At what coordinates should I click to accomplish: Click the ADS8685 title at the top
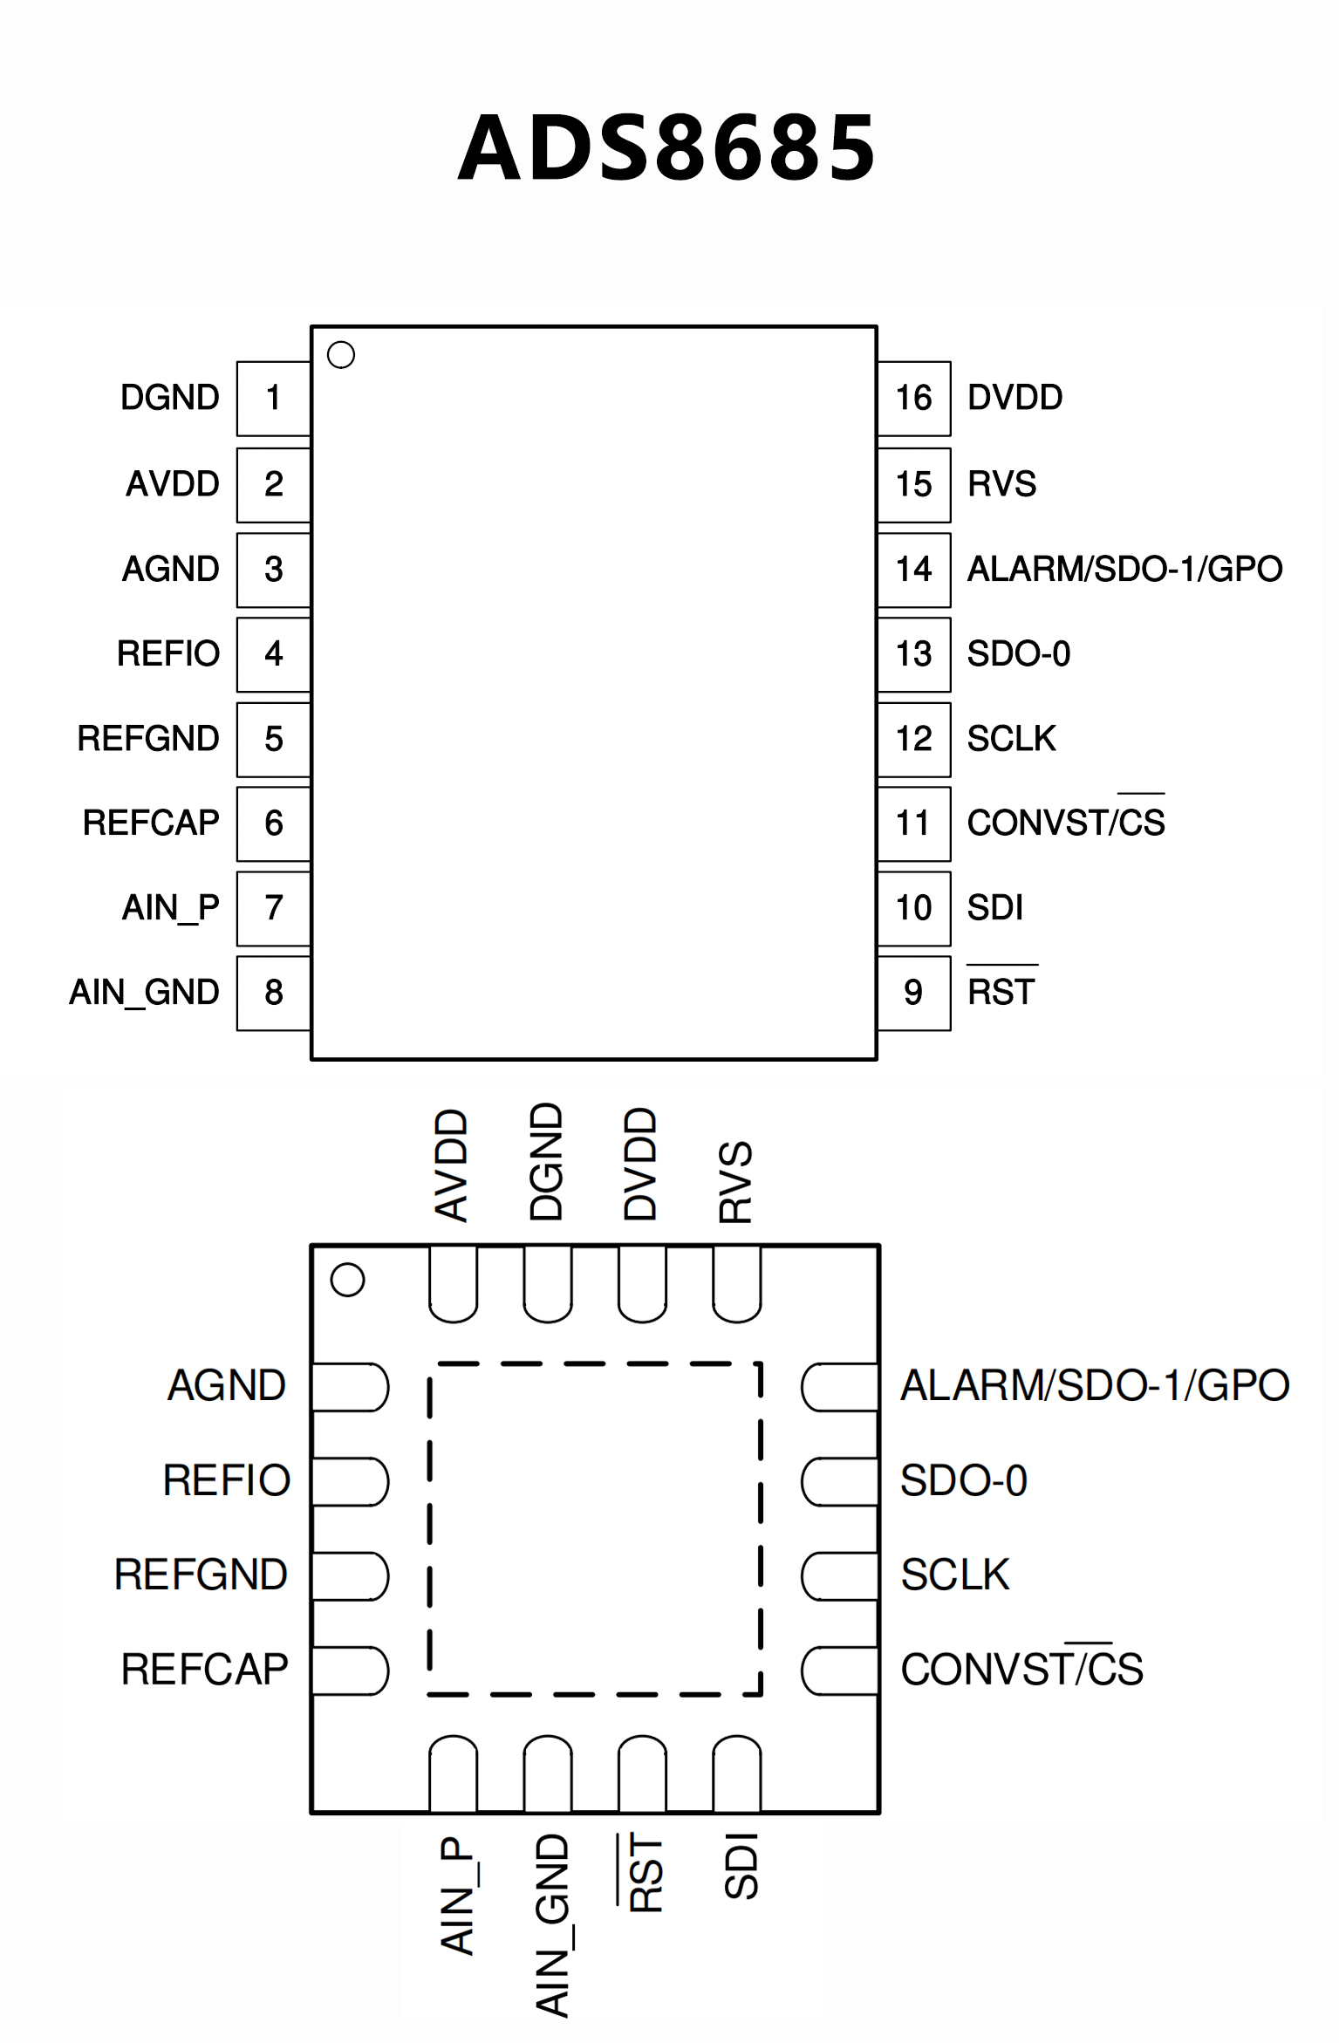tap(667, 148)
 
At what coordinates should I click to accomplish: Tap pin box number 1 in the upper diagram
tap(273, 398)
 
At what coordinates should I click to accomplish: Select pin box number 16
tap(913, 398)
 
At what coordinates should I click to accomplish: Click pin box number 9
tap(913, 993)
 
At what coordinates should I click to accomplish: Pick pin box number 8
tap(273, 993)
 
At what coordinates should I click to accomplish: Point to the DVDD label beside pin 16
tap(1014, 398)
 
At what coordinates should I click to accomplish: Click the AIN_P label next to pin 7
tap(171, 908)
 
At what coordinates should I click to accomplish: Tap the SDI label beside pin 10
tap(994, 908)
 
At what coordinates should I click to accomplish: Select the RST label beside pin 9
tap(1001, 992)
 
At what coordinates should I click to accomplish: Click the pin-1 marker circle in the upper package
tap(341, 355)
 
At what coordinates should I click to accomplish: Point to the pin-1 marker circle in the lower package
tap(347, 1280)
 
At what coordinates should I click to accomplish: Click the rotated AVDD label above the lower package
tap(452, 1165)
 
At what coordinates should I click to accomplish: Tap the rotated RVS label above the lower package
tap(735, 1181)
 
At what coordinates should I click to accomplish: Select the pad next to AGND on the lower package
tap(349, 1387)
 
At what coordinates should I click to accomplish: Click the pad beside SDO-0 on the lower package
tap(839, 1481)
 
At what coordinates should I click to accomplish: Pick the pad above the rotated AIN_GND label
tap(548, 1773)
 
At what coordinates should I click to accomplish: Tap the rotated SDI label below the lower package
tap(741, 1867)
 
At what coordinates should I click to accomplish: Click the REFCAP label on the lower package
tap(204, 1670)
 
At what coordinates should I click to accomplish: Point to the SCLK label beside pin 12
tap(1011, 739)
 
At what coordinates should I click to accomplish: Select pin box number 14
tap(913, 570)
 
